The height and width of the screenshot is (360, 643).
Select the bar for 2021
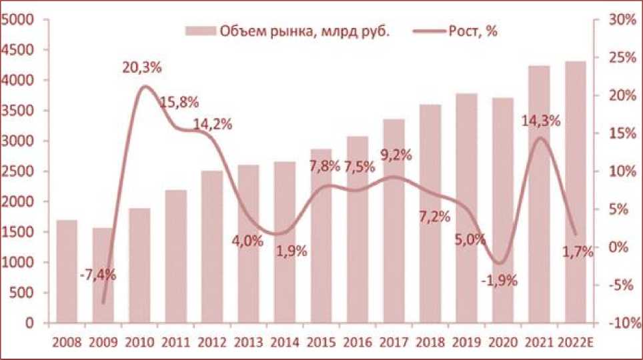pyautogui.click(x=539, y=194)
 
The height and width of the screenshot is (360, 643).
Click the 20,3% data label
pyautogui.click(x=142, y=67)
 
